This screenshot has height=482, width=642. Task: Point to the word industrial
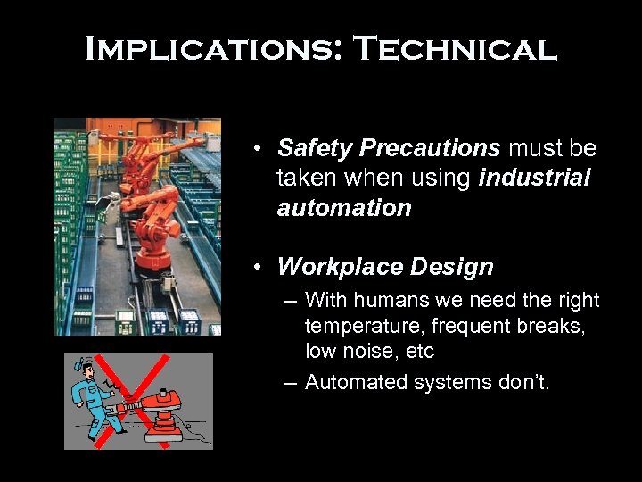(535, 179)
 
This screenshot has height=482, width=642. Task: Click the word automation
(344, 208)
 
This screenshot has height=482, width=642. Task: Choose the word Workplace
(337, 267)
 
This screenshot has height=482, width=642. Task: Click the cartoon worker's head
(86, 367)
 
